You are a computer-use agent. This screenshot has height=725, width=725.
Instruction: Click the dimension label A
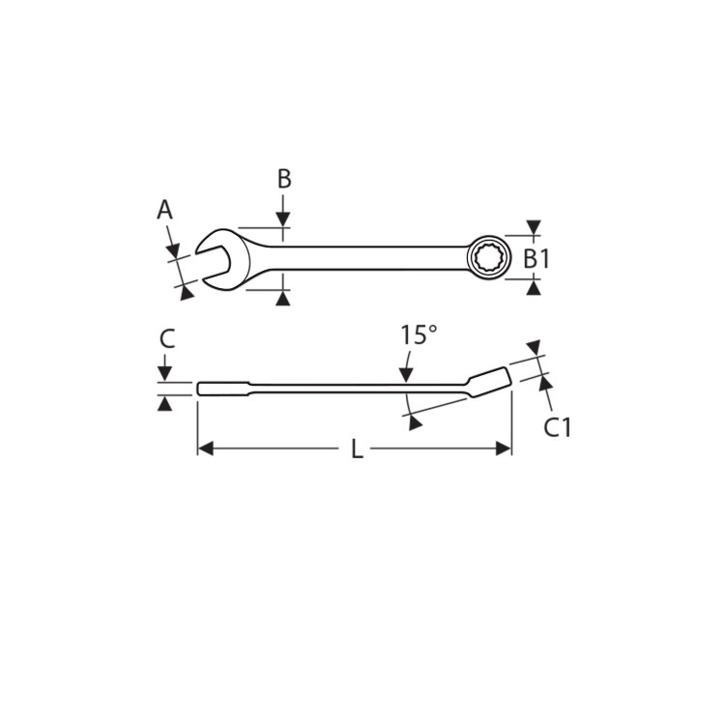[164, 209]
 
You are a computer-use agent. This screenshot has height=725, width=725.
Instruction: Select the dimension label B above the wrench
[283, 179]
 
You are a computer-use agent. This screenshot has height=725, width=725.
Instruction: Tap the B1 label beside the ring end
[536, 258]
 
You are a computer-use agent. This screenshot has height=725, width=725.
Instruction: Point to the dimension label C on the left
[166, 338]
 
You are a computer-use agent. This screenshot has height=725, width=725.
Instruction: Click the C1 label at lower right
[557, 426]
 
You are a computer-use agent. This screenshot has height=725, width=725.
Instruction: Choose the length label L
[357, 449]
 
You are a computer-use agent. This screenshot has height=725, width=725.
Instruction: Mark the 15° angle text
[419, 335]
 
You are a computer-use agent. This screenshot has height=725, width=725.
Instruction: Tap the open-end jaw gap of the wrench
[211, 257]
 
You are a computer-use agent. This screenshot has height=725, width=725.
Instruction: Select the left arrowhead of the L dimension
[205, 449]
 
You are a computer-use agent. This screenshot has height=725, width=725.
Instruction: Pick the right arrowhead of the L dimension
[503, 449]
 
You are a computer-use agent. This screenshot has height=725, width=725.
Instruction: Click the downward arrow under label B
[283, 220]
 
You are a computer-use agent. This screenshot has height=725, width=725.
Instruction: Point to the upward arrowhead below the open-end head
[283, 300]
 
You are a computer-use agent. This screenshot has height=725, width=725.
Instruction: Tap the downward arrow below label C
[165, 373]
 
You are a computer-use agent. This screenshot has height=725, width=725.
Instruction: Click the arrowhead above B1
[534, 228]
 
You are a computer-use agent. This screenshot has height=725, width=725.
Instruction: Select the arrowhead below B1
[534, 287]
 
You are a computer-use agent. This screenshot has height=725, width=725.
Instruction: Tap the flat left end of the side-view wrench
[202, 389]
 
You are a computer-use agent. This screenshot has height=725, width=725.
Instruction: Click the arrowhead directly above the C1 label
[545, 385]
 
